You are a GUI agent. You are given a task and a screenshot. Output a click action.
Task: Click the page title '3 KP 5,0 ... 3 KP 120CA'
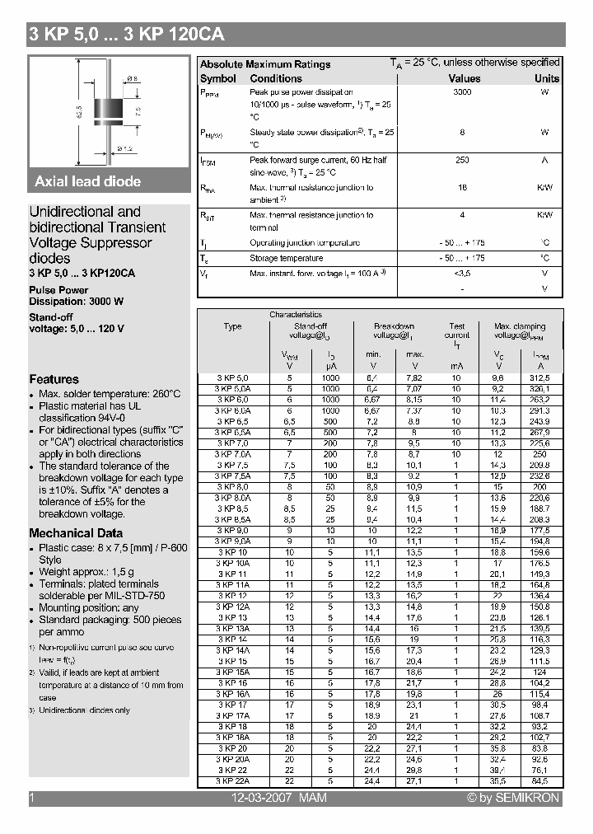pos(126,35)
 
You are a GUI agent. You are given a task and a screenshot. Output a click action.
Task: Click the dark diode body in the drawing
pos(108,109)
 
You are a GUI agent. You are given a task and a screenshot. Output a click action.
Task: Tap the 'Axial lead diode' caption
pos(88,181)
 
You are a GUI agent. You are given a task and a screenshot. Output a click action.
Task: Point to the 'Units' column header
pos(546,78)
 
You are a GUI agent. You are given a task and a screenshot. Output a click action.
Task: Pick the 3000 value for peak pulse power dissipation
pos(462,92)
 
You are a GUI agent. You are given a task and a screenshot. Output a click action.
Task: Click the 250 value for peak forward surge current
pos(462,160)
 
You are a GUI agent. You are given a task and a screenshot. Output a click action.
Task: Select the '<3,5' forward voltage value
pos(462,273)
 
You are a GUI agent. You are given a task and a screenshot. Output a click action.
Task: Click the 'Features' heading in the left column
pos(54,379)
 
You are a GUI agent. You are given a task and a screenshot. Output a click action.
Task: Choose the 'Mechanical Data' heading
pos(76,532)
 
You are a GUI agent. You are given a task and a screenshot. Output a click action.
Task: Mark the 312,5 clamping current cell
pos(540,377)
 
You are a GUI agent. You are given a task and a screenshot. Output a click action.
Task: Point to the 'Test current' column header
pos(456,330)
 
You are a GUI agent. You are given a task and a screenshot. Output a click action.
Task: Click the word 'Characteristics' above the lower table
pos(296,315)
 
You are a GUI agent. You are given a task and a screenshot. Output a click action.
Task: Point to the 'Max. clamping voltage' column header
pos(520,330)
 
